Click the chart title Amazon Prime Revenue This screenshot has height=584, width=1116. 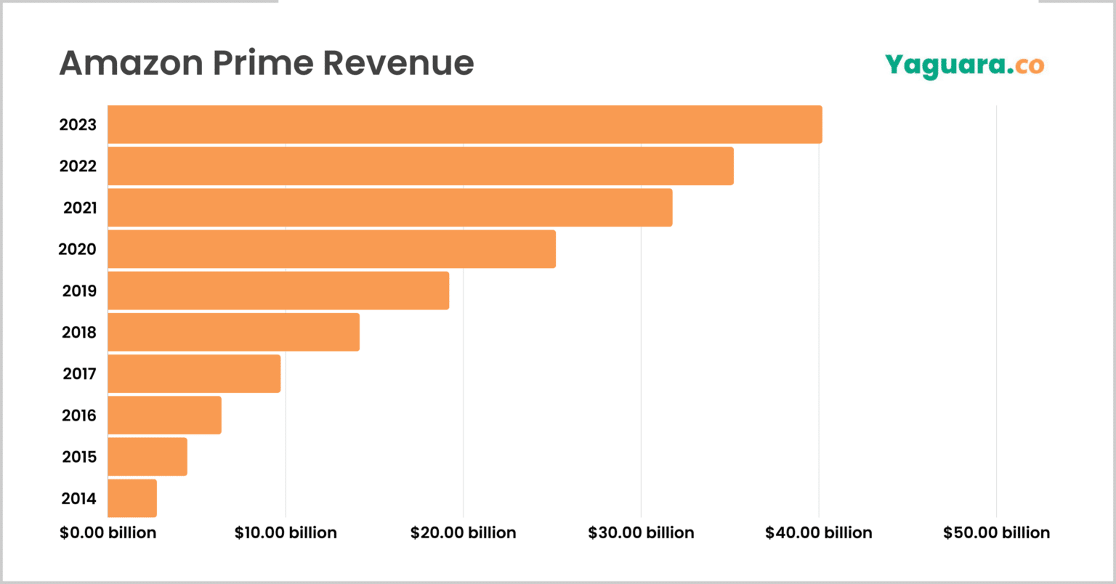(266, 62)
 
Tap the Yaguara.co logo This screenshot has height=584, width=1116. (964, 65)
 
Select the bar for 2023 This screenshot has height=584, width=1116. (465, 124)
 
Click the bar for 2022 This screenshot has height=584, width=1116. (421, 166)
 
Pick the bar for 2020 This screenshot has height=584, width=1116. (331, 249)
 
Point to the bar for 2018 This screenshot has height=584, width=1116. (233, 332)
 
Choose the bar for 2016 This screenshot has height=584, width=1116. (164, 415)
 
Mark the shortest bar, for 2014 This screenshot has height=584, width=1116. (132, 498)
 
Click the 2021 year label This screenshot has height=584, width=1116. (79, 208)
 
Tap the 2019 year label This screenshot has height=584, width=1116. (78, 291)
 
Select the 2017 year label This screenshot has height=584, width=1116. (78, 373)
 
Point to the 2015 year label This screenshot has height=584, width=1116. (78, 457)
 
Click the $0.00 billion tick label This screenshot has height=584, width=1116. (108, 532)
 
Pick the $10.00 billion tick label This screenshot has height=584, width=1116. (286, 532)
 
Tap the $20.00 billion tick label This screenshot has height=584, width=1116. (463, 532)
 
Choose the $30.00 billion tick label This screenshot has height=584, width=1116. (641, 532)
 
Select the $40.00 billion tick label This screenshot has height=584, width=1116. (818, 532)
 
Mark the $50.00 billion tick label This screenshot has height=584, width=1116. (996, 532)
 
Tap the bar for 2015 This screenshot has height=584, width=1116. (147, 457)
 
